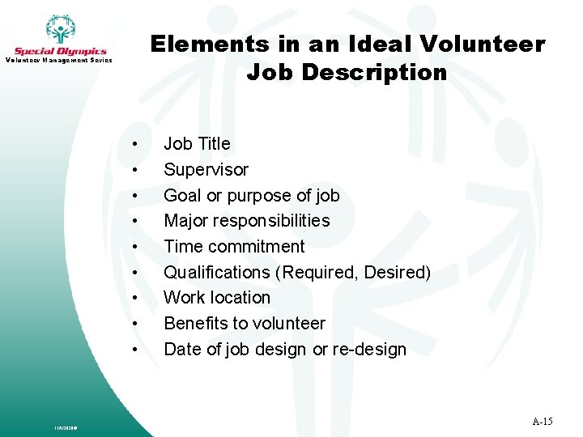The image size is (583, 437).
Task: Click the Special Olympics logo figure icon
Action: [x=60, y=29]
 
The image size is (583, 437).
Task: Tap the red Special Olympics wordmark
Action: [x=60, y=51]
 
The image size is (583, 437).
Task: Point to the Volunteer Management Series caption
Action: [x=60, y=61]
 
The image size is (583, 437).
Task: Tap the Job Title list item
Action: [x=197, y=144]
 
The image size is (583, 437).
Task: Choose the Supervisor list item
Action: [x=206, y=170]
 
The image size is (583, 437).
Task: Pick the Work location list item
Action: [x=217, y=298]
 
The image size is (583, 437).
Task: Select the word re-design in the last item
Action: [x=371, y=350]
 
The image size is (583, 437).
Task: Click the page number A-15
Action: [x=543, y=422]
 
